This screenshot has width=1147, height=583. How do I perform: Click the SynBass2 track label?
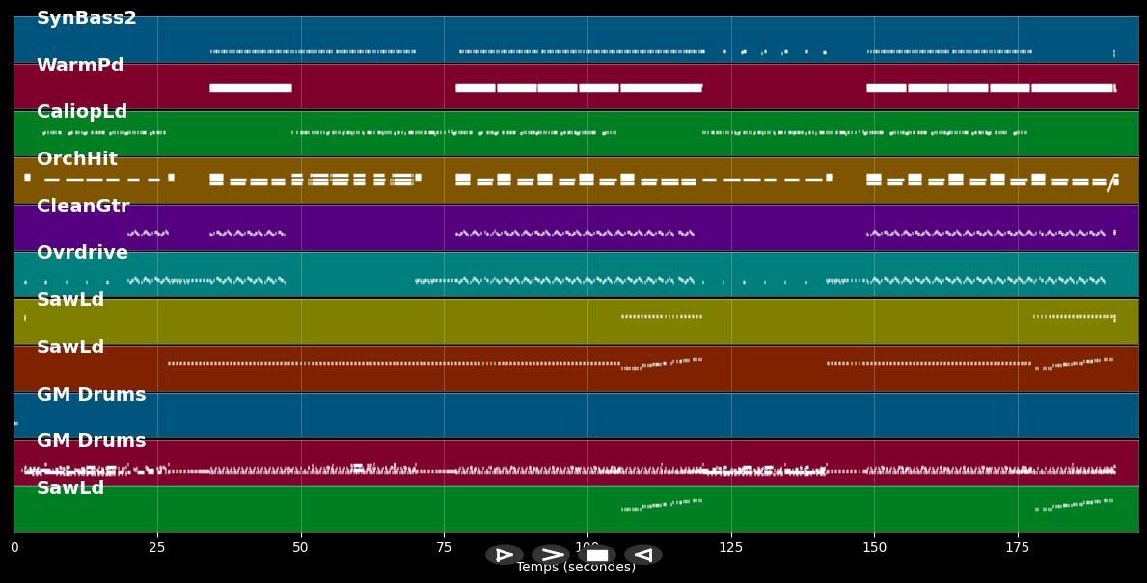click(x=86, y=18)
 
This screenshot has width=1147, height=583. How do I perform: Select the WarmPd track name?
click(x=80, y=66)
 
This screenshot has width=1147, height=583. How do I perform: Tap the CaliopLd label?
click(x=82, y=112)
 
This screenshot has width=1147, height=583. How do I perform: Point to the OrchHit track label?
click(x=77, y=159)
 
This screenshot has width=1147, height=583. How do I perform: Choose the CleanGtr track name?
click(x=83, y=207)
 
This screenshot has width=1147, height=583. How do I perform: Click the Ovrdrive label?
click(x=82, y=253)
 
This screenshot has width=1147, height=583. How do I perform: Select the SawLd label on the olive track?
click(x=70, y=300)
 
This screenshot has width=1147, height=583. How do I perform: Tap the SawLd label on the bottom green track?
click(x=70, y=488)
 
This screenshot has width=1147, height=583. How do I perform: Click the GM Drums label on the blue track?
click(x=91, y=395)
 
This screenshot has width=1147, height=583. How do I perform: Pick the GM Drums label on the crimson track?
click(x=91, y=441)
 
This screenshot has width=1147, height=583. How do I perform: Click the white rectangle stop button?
click(x=597, y=555)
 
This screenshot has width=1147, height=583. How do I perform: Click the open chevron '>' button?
click(x=551, y=555)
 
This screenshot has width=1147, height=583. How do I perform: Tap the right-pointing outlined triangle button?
click(x=505, y=555)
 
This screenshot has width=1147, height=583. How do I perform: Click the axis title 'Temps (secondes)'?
click(x=576, y=568)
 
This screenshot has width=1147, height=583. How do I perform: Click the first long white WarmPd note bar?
click(x=250, y=88)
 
